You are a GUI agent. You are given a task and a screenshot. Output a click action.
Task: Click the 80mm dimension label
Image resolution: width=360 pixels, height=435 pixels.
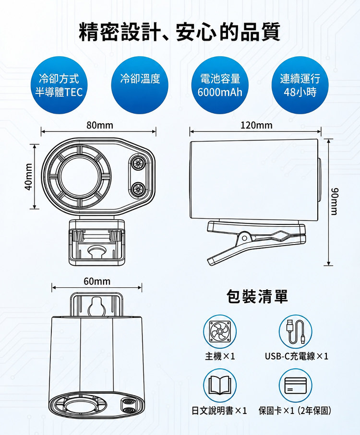[100, 125]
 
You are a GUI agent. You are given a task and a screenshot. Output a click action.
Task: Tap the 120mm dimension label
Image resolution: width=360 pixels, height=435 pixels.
[256, 125]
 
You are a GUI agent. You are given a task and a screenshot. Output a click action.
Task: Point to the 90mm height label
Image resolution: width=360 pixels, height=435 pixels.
[335, 201]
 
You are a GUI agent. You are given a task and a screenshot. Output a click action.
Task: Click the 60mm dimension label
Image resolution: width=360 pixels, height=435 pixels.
[97, 282]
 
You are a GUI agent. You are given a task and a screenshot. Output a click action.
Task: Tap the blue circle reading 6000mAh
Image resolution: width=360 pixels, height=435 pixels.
[220, 85]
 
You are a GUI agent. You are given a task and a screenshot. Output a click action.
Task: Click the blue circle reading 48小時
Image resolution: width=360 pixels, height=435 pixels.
[300, 85]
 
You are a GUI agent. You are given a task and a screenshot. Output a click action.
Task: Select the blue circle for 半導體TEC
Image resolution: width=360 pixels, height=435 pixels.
[59, 85]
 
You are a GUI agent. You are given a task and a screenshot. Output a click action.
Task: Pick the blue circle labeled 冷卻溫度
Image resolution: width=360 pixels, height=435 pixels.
[140, 85]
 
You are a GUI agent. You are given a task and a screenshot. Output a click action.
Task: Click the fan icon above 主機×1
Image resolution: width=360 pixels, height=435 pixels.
[220, 331]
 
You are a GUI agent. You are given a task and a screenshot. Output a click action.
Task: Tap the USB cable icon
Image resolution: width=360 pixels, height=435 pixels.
[296, 331]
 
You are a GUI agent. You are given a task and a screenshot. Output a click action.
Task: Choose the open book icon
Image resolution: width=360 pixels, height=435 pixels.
[220, 385]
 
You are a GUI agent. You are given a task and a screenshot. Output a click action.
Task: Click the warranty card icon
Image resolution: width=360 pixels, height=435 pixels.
[296, 385]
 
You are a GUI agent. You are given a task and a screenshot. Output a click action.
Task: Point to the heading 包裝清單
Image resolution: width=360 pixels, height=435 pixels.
[257, 296]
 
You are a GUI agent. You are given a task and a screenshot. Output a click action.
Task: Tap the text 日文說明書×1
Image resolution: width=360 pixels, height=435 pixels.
[219, 411]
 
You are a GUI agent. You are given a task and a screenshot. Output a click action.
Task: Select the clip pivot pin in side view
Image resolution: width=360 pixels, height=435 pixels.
[244, 238]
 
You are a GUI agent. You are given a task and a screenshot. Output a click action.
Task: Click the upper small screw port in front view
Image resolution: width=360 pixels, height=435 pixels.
[137, 163]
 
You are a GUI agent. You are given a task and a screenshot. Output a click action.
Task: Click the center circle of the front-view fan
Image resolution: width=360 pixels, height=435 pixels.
[78, 176]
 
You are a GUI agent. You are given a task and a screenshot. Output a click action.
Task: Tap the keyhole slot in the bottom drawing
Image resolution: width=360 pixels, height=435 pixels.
[97, 306]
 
